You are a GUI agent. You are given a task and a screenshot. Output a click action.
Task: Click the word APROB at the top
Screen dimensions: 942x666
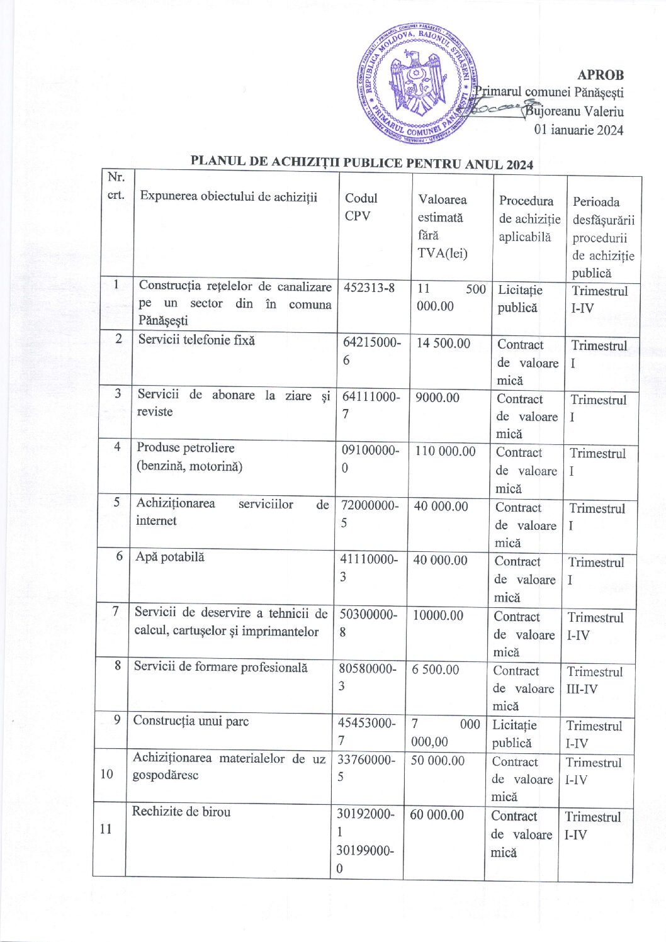(x=601, y=74)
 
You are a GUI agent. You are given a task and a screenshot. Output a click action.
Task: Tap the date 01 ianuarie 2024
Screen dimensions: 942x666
(x=579, y=130)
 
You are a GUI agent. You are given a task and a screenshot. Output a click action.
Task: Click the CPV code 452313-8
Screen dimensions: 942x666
(x=369, y=288)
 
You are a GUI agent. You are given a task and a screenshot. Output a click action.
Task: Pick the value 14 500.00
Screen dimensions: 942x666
(x=443, y=343)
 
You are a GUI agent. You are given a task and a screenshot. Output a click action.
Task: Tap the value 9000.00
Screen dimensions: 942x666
(x=437, y=398)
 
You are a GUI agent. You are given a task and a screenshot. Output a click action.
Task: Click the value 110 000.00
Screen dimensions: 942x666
(x=445, y=451)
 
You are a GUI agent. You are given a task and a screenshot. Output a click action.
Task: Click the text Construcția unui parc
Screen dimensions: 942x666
(x=191, y=721)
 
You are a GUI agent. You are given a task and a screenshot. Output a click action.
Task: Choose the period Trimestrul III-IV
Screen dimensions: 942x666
(x=594, y=680)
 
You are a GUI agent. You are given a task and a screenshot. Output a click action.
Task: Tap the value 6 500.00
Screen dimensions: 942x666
(x=436, y=670)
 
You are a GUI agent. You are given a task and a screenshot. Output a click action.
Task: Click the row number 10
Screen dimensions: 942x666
(x=107, y=773)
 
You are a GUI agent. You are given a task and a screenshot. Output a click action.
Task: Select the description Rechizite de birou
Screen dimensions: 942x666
(x=181, y=812)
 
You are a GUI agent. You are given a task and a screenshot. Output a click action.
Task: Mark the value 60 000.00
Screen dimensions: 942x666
(x=437, y=815)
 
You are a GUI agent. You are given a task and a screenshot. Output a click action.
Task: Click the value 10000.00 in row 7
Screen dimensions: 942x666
(x=438, y=615)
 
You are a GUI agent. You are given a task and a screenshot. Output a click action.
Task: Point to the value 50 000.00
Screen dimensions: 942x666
(x=437, y=760)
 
